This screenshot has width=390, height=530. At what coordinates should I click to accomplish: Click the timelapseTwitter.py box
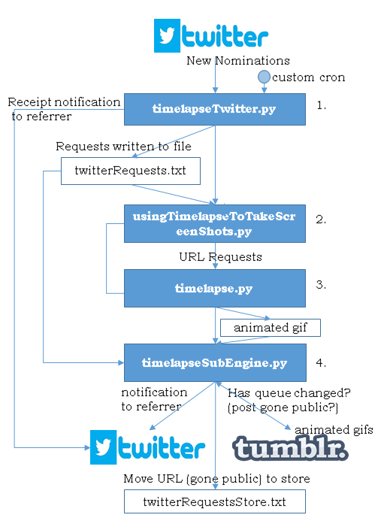click(215, 109)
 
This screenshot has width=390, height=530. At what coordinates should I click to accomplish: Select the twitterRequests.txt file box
click(131, 171)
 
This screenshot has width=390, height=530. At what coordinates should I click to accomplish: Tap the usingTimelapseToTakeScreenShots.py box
click(215, 223)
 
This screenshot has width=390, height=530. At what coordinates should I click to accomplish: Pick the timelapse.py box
click(215, 288)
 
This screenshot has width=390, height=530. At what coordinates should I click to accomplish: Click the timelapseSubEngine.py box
click(215, 362)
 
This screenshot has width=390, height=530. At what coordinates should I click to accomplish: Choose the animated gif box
click(271, 328)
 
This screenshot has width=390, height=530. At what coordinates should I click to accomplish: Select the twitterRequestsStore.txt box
click(215, 501)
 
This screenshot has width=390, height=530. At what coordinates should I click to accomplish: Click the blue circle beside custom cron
click(264, 77)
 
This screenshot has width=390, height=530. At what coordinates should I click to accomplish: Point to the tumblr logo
click(290, 447)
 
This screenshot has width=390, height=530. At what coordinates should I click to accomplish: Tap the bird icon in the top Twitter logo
click(167, 35)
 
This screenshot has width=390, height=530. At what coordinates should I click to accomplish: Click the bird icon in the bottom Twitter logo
click(103, 447)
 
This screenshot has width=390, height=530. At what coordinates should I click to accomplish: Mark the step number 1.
click(321, 105)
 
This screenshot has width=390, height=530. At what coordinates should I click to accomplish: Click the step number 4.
click(321, 362)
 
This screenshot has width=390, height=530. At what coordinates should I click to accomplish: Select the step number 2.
click(321, 220)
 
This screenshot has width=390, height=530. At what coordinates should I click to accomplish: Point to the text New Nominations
click(238, 60)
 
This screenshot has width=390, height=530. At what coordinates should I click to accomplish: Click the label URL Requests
click(220, 257)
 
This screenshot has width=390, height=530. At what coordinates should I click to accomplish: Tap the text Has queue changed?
click(289, 392)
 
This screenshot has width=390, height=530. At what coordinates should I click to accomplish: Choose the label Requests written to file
click(123, 147)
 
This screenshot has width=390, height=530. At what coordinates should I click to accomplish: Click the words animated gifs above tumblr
click(334, 429)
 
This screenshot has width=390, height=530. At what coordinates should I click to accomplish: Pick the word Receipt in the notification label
click(29, 102)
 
